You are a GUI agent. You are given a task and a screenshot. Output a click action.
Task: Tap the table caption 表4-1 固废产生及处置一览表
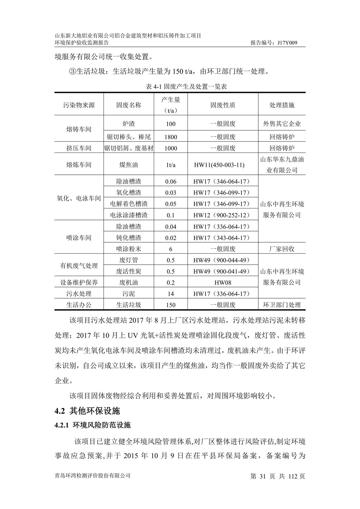coord(186,87)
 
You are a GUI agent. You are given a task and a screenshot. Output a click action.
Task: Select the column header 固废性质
coord(223,105)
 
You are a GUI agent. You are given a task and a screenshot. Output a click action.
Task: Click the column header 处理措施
coord(282,105)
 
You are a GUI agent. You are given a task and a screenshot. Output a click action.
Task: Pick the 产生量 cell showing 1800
coord(171,137)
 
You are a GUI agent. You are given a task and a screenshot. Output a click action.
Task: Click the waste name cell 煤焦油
coord(129,165)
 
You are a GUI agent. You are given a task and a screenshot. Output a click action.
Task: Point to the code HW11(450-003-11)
coord(219,165)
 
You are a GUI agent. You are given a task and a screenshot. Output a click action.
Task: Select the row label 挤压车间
coord(79,148)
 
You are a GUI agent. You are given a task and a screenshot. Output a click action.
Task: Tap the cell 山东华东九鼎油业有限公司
coord(282,165)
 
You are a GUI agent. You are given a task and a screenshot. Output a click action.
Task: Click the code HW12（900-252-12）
coord(222,215)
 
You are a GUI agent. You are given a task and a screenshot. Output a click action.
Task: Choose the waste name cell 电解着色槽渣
coord(129,204)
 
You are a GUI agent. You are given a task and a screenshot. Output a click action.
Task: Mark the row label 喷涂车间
coord(79,238)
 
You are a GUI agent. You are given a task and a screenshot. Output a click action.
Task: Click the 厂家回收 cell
coord(282,249)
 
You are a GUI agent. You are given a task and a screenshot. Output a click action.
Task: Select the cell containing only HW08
coord(223,282)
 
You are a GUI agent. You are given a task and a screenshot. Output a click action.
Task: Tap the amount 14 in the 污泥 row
coord(171,294)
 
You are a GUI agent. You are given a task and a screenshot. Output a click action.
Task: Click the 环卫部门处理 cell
coord(282,305)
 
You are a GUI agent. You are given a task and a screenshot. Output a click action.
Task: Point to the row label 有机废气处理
coord(79,266)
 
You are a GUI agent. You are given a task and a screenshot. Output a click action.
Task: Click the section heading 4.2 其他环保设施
coord(87,411)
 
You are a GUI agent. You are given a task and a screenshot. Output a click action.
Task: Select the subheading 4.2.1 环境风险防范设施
coord(92,425)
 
